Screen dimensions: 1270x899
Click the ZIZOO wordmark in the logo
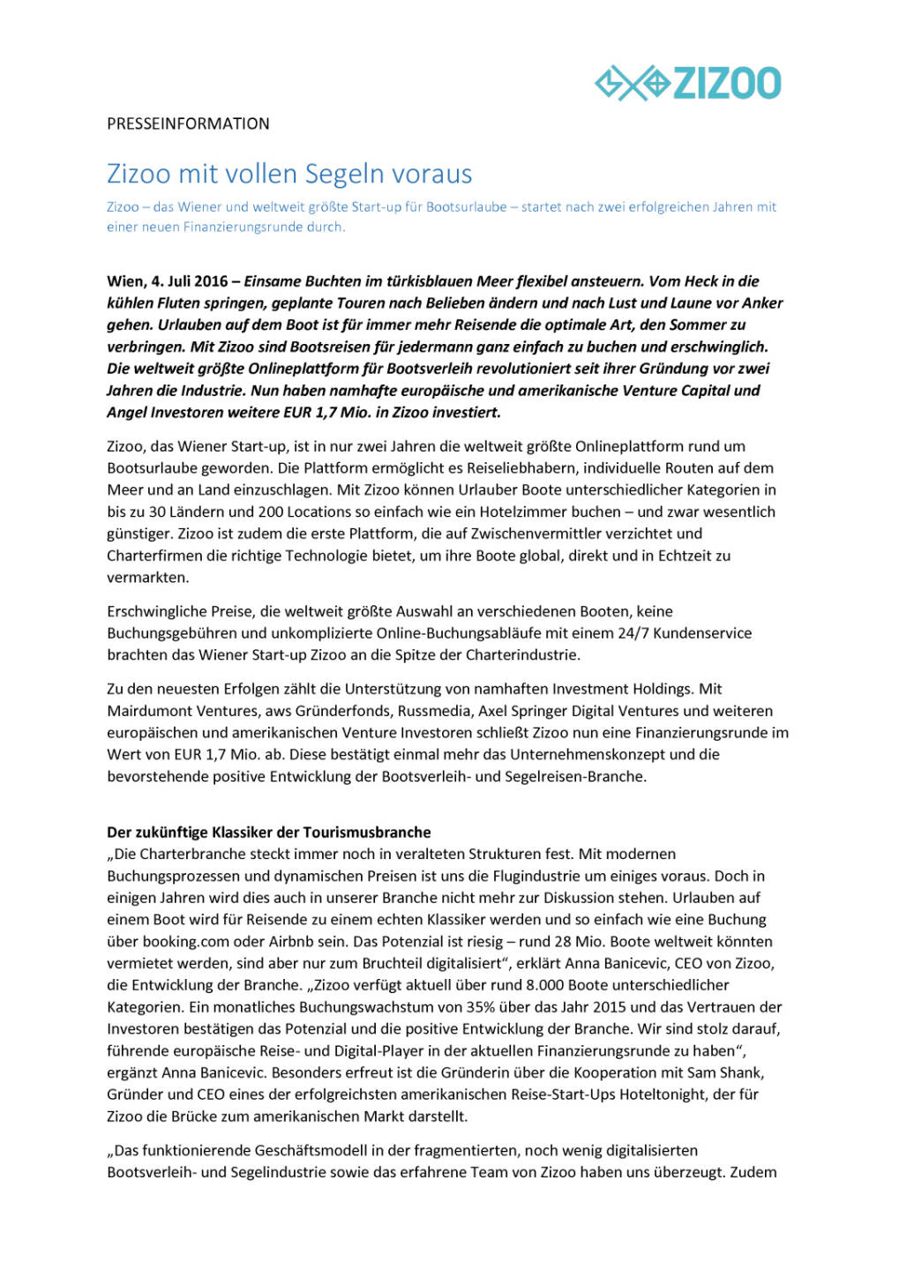pos(727,84)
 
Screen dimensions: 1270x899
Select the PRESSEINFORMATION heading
pos(188,124)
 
